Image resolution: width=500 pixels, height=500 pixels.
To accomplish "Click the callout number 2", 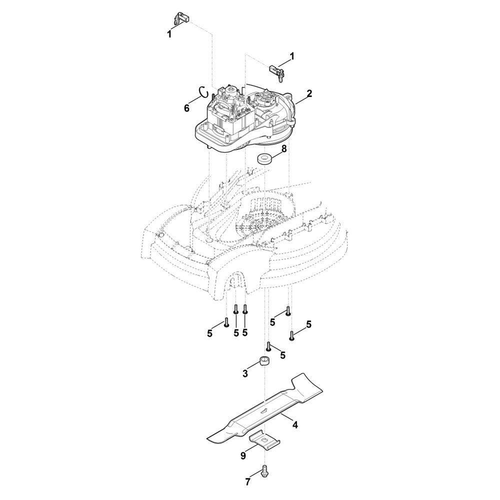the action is pyautogui.click(x=308, y=94).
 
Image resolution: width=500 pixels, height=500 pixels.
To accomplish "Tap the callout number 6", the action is pyautogui.click(x=186, y=108).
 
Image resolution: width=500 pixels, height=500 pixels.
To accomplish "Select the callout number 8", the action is pyautogui.click(x=284, y=148).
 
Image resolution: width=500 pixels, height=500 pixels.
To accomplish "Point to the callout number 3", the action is pyautogui.click(x=245, y=373).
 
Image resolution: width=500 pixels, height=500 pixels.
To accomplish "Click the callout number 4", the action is pyautogui.click(x=295, y=424).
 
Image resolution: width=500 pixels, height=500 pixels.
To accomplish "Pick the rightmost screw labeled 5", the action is pyautogui.click(x=291, y=336).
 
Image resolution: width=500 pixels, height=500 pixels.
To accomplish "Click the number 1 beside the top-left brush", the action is pyautogui.click(x=169, y=34).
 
